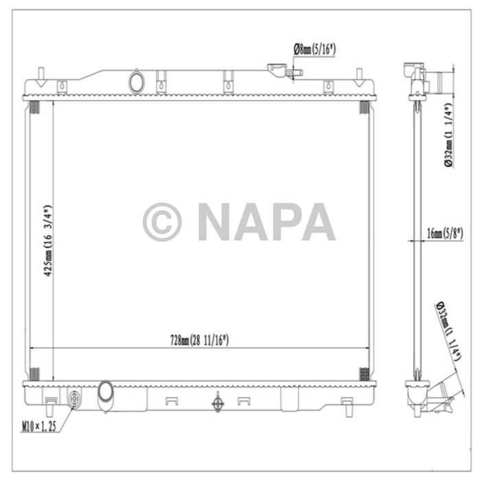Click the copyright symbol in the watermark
(x=162, y=222)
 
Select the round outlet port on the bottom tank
(x=107, y=392)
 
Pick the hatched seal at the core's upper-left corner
(x=34, y=107)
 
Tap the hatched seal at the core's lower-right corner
(x=364, y=374)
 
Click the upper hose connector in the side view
(x=436, y=82)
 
